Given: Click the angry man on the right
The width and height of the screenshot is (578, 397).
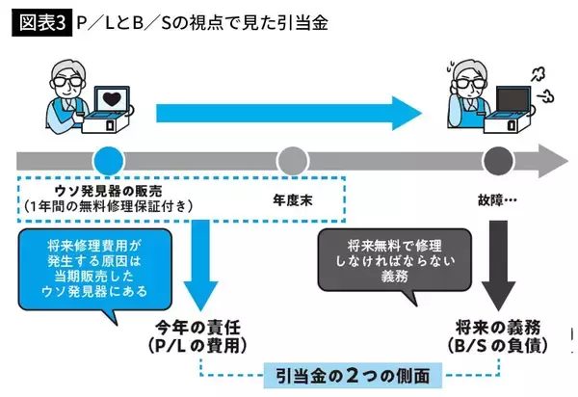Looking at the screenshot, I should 467,92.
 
